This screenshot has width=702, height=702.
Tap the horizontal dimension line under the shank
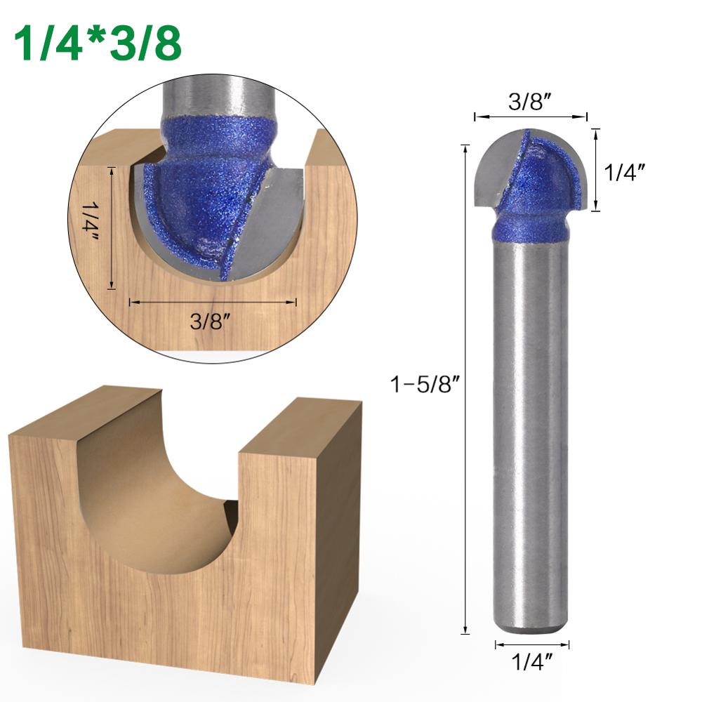(531, 643)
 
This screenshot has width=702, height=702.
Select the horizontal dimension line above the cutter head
(530, 117)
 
